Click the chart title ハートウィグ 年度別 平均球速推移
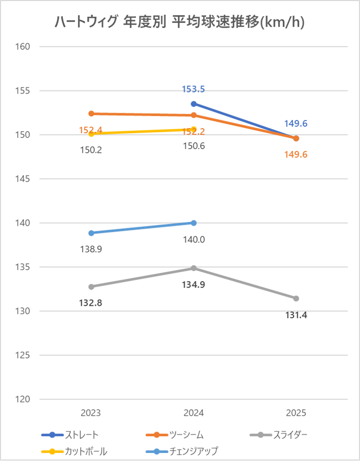[x=180, y=23]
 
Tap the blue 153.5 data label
[x=194, y=89]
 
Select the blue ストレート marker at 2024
[x=194, y=104]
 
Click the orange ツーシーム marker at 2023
[x=91, y=113]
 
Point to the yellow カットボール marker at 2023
[x=91, y=134]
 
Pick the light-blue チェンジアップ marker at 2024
[x=194, y=223]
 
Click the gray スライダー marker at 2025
[x=296, y=298]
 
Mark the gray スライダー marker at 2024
[x=194, y=268]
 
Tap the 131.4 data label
[x=296, y=315]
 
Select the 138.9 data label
[x=91, y=250]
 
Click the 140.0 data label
[x=194, y=239]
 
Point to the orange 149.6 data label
[x=296, y=154]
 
